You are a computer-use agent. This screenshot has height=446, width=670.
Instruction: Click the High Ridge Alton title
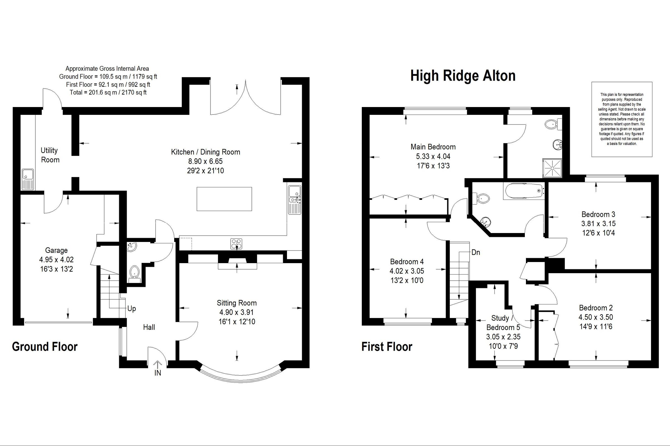pos(463,76)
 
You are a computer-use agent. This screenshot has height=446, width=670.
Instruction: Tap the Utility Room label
pos(50,155)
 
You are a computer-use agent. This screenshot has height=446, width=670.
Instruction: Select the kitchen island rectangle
pos(224,199)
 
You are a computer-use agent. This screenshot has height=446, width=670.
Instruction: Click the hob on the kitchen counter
pos(236,243)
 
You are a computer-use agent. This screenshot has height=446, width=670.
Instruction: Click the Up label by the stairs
pos(131,309)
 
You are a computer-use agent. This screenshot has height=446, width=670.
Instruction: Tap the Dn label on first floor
pos(475,252)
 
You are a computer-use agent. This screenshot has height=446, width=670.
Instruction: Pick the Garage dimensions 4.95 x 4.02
pos(56,260)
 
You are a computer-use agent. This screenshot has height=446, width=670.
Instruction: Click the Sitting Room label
pos(236,303)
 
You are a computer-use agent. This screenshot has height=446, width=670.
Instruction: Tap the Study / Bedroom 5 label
pos(503,323)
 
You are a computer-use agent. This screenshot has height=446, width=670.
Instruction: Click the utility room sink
pos(28,179)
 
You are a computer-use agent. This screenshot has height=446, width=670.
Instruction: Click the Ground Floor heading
pos(45,347)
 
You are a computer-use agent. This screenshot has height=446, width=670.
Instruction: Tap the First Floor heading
pos(387,347)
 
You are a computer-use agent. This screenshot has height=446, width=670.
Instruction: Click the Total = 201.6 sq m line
pos(108,93)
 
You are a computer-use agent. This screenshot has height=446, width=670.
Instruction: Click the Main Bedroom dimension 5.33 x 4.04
pos(433,156)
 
